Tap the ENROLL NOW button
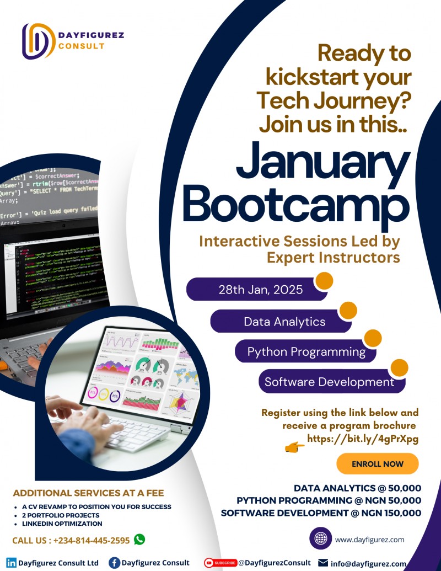pyautogui.click(x=377, y=464)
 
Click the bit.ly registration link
pyautogui.click(x=363, y=439)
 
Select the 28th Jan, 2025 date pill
pyautogui.click(x=257, y=289)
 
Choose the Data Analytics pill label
pyautogui.click(x=284, y=321)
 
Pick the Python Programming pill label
pyautogui.click(x=306, y=351)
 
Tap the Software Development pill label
pyautogui.click(x=329, y=382)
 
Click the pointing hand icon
pyautogui.click(x=294, y=447)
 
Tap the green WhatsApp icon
pyautogui.click(x=139, y=539)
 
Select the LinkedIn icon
pyautogui.click(x=11, y=563)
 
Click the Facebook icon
pyautogui.click(x=115, y=563)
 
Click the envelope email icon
pyautogui.click(x=323, y=563)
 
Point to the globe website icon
pyautogui.click(x=320, y=538)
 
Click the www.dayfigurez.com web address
pyautogui.click(x=369, y=540)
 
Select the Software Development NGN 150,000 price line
pyautogui.click(x=321, y=513)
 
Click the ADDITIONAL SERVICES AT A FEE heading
pyautogui.click(x=88, y=493)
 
